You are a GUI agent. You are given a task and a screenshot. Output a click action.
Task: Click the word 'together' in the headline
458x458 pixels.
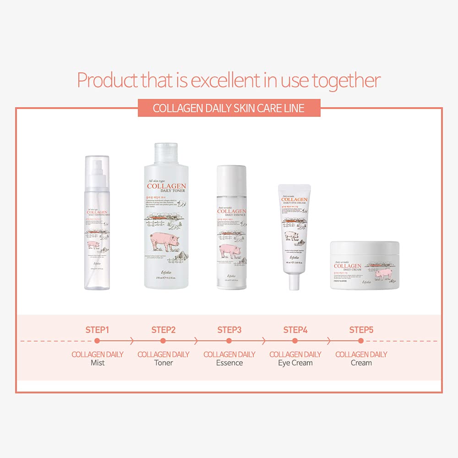click(346, 81)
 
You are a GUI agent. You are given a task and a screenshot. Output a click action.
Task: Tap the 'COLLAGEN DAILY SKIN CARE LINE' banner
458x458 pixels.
click(229, 109)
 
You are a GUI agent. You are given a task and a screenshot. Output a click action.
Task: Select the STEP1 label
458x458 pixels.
click(97, 330)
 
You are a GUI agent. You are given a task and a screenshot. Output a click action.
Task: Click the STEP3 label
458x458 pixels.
click(229, 330)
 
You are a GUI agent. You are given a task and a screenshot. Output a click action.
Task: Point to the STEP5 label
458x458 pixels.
click(361, 330)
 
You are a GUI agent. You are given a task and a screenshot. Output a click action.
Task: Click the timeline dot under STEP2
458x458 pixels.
click(163, 341)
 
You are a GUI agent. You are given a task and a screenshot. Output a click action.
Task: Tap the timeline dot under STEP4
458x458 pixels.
click(295, 341)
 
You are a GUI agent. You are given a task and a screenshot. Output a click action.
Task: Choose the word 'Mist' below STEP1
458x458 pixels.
click(97, 363)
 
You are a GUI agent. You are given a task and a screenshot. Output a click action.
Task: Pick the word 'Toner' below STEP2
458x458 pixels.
click(163, 363)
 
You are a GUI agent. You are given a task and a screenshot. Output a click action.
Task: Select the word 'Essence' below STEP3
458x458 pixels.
click(229, 363)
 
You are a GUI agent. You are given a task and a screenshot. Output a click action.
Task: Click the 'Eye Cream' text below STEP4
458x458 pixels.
click(295, 363)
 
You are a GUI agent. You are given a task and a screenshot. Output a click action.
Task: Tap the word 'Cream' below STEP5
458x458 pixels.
click(361, 363)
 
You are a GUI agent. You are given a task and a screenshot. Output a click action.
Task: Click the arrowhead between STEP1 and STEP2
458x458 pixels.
click(132, 341)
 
